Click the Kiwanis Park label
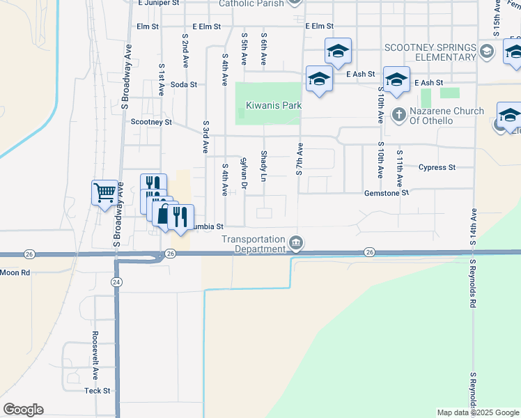coord(273,106)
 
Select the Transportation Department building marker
coord(296,242)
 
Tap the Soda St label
coord(184,84)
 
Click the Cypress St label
coord(437,167)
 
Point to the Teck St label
coord(98,391)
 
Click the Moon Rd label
coord(15,272)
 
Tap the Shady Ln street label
coord(264,166)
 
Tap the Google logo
coord(23,410)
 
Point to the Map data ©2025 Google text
coord(478,412)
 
